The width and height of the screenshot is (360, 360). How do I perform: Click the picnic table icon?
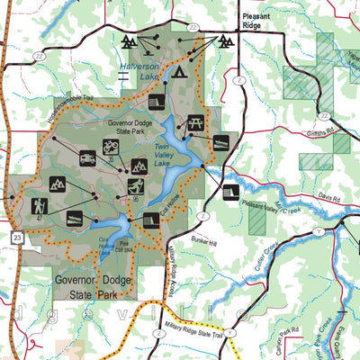197,123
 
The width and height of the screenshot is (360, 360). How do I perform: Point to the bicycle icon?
111,145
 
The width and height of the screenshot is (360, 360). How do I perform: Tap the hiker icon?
39,206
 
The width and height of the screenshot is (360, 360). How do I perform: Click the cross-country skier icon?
135,186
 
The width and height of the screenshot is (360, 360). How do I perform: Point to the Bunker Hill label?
202,241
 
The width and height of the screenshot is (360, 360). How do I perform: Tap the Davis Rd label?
328,196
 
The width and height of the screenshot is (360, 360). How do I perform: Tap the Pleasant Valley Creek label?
269,208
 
